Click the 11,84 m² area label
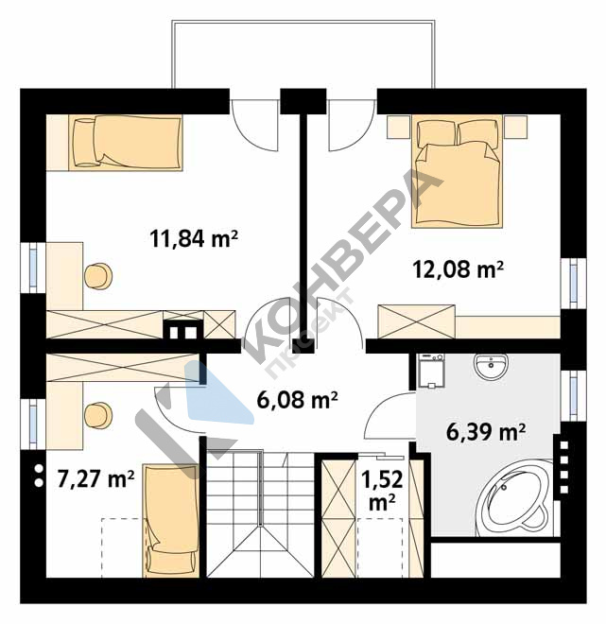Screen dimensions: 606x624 coord(194,239)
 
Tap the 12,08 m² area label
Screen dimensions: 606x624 coord(458,270)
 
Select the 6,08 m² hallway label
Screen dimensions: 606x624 coord(297,400)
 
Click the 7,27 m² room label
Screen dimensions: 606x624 coord(95,478)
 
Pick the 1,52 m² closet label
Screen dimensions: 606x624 coord(382,491)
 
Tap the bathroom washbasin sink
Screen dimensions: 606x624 coord(491,365)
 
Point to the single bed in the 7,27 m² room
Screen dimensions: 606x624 coord(171,521)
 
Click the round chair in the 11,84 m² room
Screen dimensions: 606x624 coord(98,277)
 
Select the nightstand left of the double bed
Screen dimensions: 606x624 coord(398,127)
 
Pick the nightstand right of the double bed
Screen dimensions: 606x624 coord(515,127)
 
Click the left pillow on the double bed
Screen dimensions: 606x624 coord(436,133)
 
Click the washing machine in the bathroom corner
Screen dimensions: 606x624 coord(430,371)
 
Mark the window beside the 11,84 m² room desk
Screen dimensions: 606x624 coord(33,268)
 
